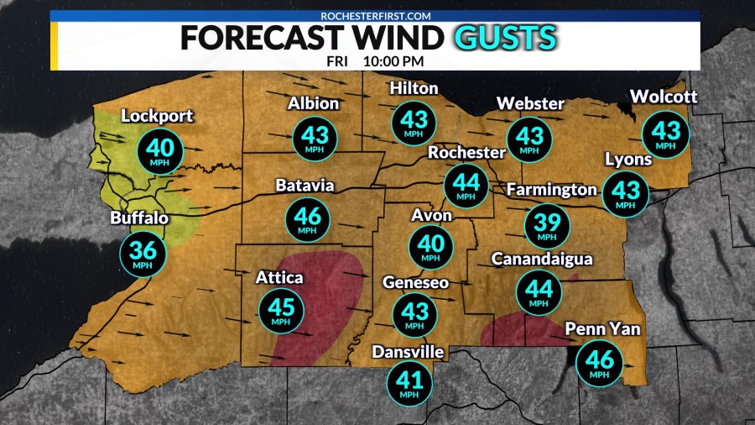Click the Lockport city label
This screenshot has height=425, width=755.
pos(157,116)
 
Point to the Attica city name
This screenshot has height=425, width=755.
pos(281,278)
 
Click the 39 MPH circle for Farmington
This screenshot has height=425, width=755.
pos(546,224)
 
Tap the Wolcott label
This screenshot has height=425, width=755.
pos(663,97)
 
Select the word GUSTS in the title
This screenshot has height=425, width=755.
pos(504,38)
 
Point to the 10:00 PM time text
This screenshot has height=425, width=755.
pos(393,61)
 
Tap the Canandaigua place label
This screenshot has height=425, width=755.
pos(542,259)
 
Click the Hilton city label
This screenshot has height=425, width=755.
pos(414,88)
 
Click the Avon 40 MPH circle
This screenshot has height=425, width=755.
pos(430,246)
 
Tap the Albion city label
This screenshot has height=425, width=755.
pos(314,103)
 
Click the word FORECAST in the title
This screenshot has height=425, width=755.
pos(261,38)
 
